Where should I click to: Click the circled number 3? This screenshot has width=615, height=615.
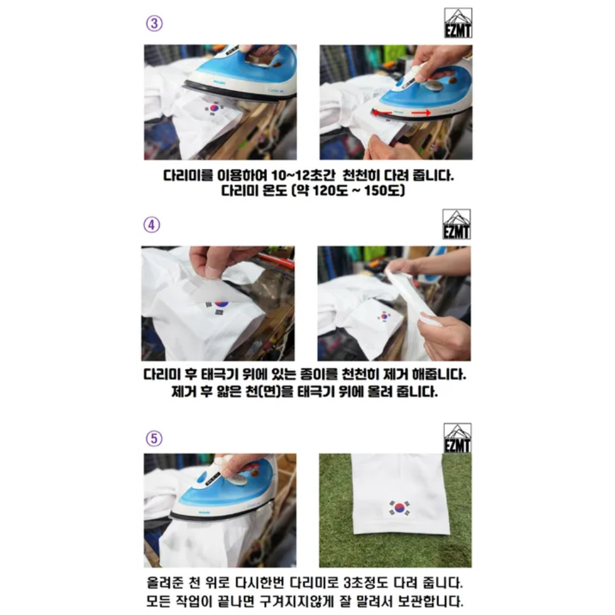[x=154, y=23]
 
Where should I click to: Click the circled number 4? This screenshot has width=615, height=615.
[x=151, y=225]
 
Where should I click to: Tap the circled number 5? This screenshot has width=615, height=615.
[x=154, y=438]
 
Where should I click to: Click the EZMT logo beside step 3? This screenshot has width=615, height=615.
[x=458, y=23]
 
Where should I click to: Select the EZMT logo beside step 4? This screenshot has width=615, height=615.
[x=456, y=224]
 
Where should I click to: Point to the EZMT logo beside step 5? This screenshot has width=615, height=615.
[x=457, y=438]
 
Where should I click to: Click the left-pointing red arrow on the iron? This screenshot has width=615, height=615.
[x=382, y=113]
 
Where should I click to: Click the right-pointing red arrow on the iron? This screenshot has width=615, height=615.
[x=421, y=113]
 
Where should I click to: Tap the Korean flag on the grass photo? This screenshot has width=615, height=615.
[x=400, y=508]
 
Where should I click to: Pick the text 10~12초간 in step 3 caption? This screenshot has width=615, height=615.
[x=304, y=175]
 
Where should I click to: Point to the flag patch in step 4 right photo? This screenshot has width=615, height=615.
[x=384, y=317]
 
